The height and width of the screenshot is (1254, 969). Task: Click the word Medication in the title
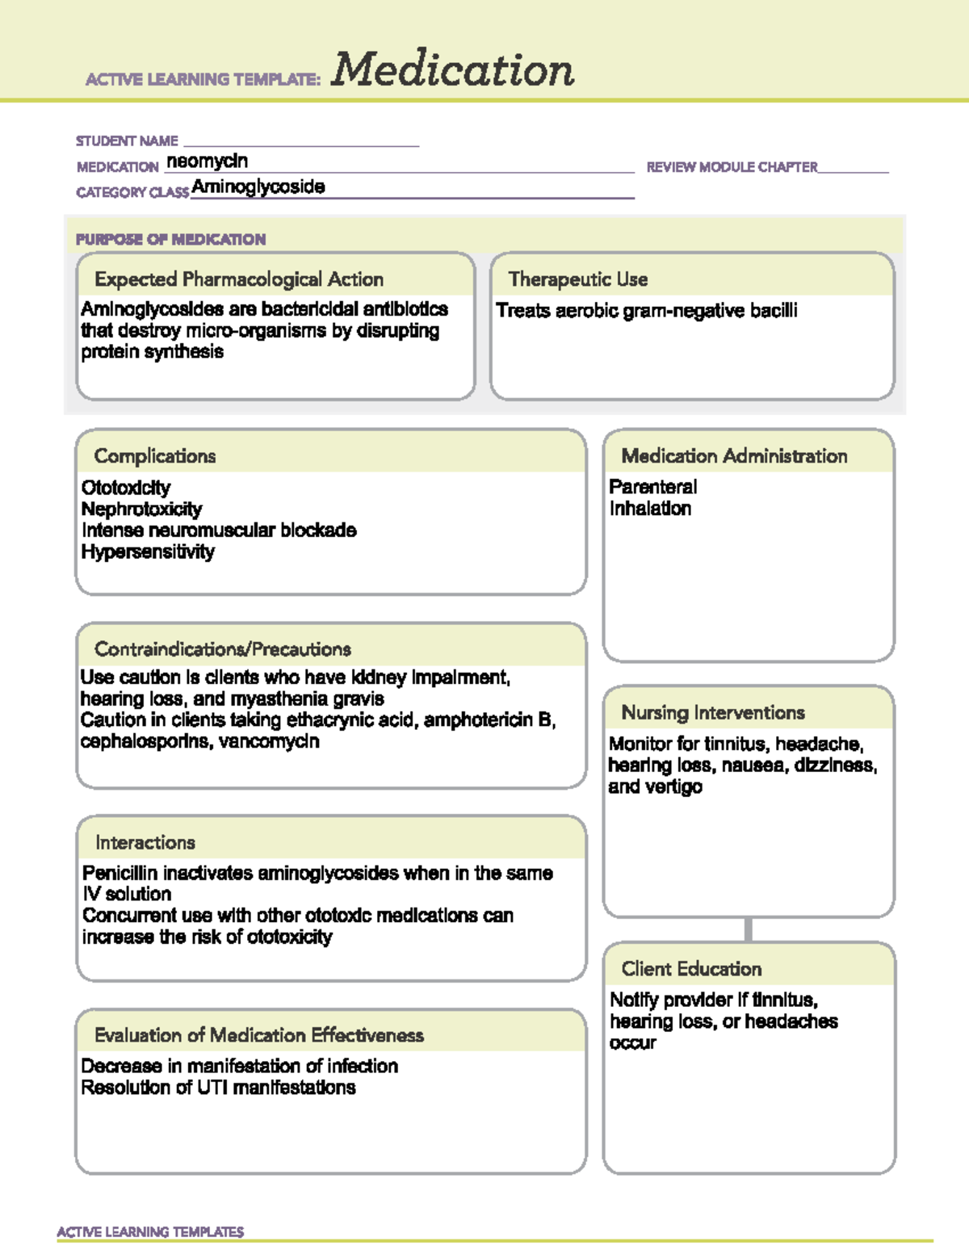(x=452, y=70)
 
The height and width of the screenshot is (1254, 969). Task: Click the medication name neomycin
(x=207, y=161)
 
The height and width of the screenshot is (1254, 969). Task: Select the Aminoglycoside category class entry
(x=258, y=187)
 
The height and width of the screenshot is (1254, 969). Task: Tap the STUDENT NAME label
(x=127, y=141)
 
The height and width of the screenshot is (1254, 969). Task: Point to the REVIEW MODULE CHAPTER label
(x=732, y=167)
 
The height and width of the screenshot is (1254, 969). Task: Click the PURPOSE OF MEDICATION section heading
(x=170, y=240)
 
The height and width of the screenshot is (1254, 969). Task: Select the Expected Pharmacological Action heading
(x=239, y=279)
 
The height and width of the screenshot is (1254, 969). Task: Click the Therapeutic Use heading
(x=578, y=279)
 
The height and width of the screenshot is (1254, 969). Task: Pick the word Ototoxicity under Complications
(x=126, y=488)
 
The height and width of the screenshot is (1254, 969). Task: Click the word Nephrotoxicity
(x=141, y=510)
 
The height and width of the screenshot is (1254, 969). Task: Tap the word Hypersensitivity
(x=148, y=552)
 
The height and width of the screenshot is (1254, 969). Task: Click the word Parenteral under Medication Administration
(x=652, y=487)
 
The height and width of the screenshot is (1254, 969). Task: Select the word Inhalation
(x=650, y=509)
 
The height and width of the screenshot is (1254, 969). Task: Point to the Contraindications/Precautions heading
(x=223, y=649)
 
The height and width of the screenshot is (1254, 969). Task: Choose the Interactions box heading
(x=145, y=843)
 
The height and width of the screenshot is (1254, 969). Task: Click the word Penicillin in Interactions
(x=120, y=873)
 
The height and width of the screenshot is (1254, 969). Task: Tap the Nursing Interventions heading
(x=713, y=713)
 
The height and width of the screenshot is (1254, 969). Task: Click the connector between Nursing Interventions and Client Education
(x=749, y=929)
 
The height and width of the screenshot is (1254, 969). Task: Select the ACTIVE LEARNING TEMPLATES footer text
(x=150, y=1232)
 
